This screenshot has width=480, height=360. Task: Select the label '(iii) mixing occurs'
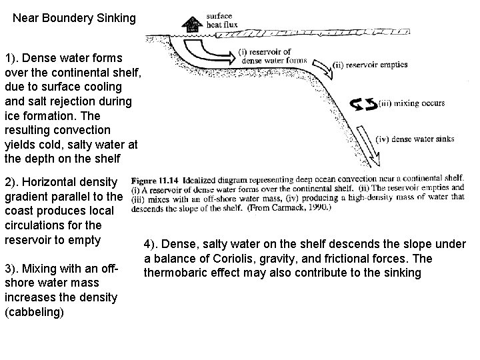[x=411, y=104]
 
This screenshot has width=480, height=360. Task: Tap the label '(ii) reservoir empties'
[x=370, y=65]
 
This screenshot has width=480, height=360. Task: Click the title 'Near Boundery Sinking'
[x=75, y=19]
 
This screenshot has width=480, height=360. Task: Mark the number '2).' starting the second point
[x=13, y=181]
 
